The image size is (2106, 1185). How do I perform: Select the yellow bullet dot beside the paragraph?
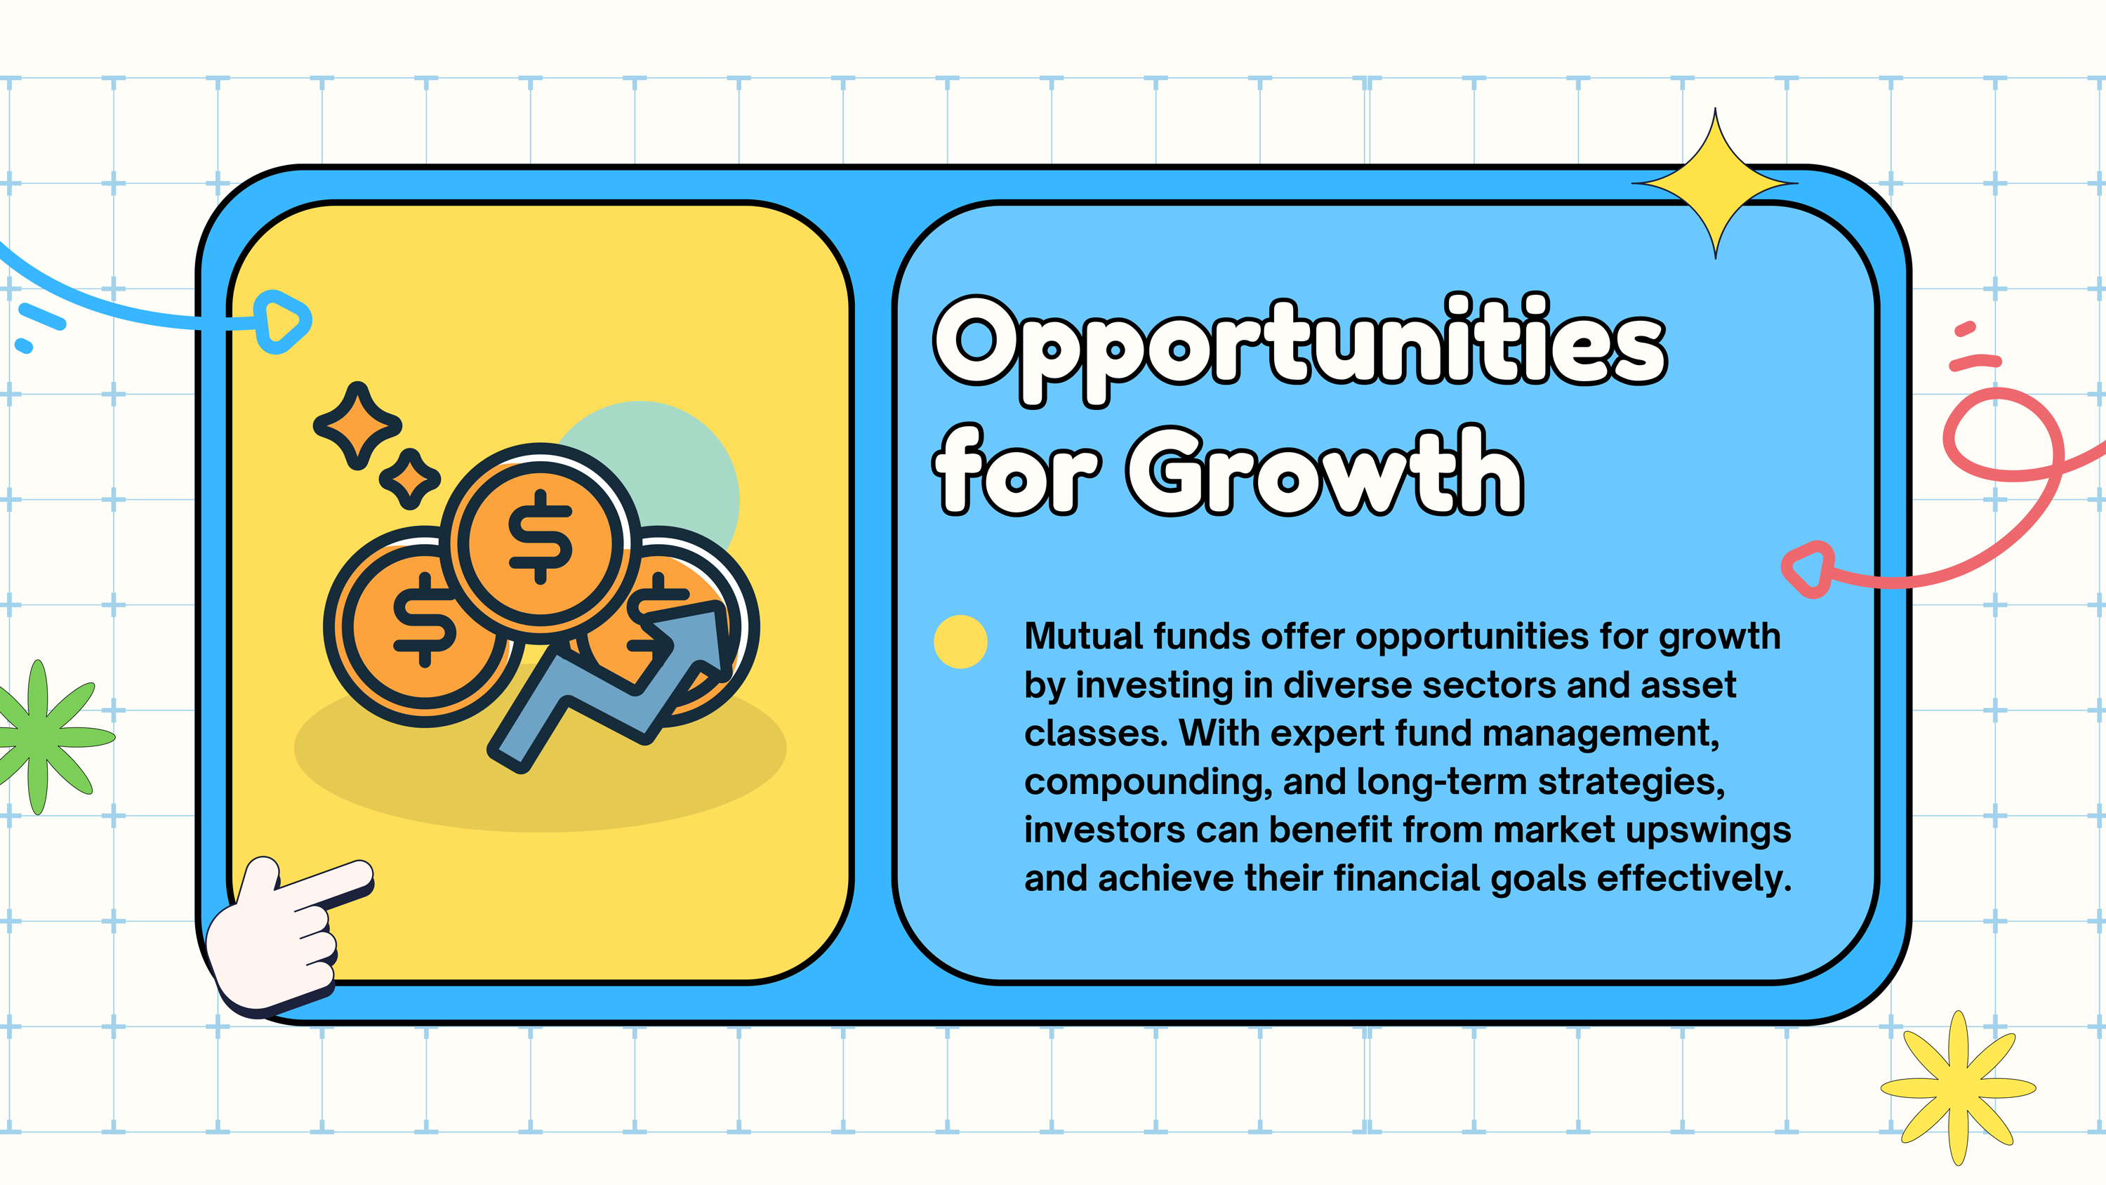click(x=960, y=642)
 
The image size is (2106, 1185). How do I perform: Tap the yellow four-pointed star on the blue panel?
click(x=1715, y=183)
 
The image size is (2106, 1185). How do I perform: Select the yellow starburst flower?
click(x=1958, y=1087)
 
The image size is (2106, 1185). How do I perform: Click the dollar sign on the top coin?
click(x=540, y=536)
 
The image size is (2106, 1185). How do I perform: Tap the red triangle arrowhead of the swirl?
click(x=1808, y=569)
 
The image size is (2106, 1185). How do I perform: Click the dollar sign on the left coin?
click(x=424, y=619)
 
